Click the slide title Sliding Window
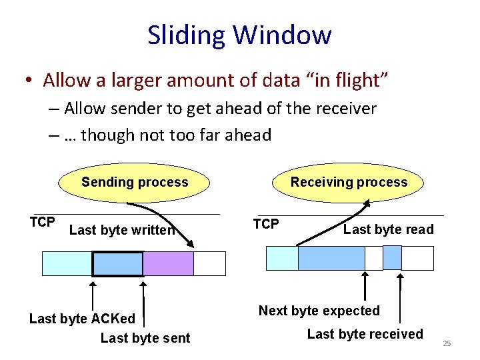239,35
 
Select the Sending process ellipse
135,182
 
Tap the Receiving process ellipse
349,182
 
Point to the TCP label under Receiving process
266,224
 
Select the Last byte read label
388,230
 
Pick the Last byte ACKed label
82,319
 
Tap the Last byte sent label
145,338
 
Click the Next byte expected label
319,311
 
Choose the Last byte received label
365,334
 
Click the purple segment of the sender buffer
168,264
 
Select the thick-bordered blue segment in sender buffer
117,264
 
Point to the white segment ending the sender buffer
209,264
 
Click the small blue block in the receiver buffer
393,258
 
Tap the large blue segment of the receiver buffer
331,258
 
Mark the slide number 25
447,343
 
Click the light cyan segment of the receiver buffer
282,258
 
